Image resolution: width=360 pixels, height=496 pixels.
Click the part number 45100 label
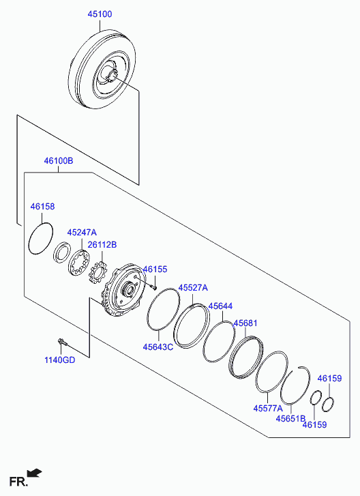pos(100,14)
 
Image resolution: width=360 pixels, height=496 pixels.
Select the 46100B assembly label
pos(59,161)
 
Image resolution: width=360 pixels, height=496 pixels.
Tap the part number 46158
pos(42,207)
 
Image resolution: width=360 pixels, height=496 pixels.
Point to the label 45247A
pos(82,233)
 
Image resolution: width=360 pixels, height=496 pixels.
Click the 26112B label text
pos(102,244)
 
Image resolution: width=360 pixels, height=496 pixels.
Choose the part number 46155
pos(155,269)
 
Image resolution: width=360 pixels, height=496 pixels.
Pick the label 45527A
pos(193,288)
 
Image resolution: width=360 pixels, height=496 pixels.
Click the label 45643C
pos(158,347)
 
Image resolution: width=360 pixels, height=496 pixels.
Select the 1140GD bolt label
pos(60,360)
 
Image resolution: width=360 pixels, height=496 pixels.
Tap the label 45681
pos(245,323)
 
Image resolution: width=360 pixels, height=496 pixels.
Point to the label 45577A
pos(268,409)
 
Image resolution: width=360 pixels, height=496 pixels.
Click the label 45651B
pos(290,418)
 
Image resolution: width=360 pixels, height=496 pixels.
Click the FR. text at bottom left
pos(18,482)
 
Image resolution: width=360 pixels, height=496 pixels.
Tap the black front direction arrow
pos(35,473)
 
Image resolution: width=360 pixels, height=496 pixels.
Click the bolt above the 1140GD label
pos(62,342)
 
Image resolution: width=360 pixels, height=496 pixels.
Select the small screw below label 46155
pos(154,287)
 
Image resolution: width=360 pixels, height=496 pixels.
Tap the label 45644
pos(221,306)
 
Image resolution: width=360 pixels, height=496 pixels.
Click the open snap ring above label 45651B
pos(295,385)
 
